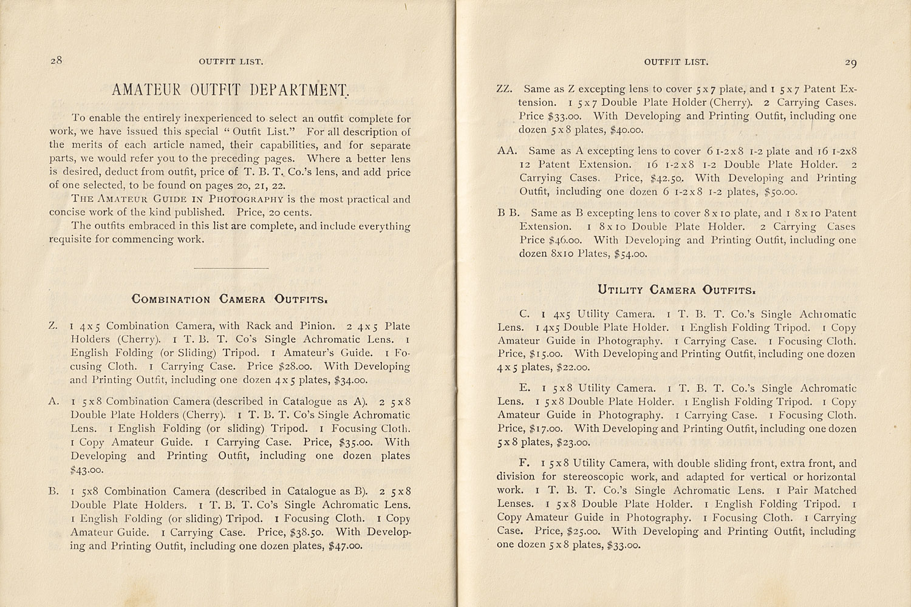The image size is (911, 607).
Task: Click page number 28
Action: (x=57, y=60)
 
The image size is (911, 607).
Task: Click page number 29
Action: (x=850, y=62)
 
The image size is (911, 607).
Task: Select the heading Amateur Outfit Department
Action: (x=231, y=90)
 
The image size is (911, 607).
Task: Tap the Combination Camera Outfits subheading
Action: (x=230, y=299)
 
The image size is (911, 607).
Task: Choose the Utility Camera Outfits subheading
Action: (x=677, y=290)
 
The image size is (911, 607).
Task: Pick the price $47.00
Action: (x=345, y=546)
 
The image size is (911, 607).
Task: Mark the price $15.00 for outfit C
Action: (x=547, y=354)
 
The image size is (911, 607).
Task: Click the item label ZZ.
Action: (x=504, y=89)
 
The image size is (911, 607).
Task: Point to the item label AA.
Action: (x=506, y=151)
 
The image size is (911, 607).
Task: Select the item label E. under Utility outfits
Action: (x=525, y=388)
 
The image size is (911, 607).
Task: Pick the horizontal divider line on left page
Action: (x=230, y=268)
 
